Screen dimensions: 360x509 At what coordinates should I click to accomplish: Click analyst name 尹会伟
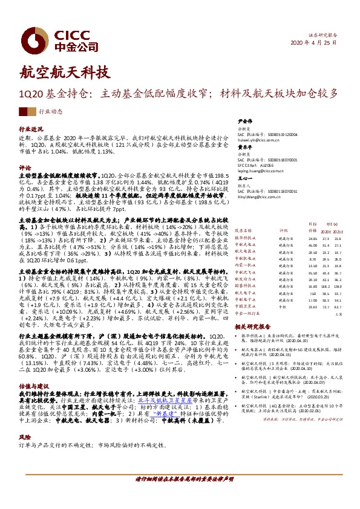(x=244, y=120)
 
